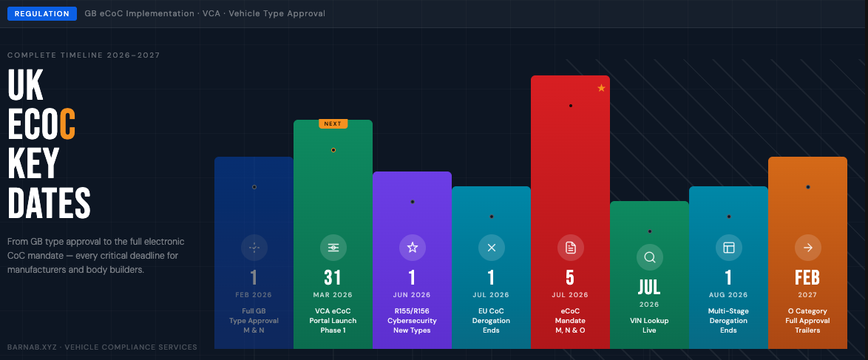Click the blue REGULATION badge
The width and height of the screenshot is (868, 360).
click(x=42, y=13)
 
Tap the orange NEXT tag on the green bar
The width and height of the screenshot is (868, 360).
click(x=333, y=123)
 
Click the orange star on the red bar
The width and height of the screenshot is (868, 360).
click(x=601, y=89)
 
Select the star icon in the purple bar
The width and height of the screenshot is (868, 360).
click(x=413, y=248)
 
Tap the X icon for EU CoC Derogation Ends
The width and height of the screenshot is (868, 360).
click(x=492, y=248)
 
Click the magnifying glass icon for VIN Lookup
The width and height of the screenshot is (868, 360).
click(x=650, y=257)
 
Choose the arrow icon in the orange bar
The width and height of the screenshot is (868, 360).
click(x=807, y=248)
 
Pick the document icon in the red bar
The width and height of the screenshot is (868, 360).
click(x=571, y=248)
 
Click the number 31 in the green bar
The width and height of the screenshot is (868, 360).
click(x=333, y=277)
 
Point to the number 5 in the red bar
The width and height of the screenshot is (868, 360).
click(x=571, y=277)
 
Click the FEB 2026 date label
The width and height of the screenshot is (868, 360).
click(x=254, y=295)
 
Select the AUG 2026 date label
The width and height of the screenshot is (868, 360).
click(x=728, y=295)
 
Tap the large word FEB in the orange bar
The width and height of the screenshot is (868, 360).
click(x=807, y=277)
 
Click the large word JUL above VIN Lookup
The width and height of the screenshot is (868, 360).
click(x=650, y=286)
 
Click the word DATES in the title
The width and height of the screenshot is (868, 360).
click(x=50, y=202)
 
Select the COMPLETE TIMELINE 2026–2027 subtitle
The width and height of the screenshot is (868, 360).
click(x=84, y=55)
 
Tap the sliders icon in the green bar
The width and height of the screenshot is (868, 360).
click(x=333, y=248)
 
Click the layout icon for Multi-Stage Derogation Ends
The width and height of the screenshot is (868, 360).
click(x=728, y=248)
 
